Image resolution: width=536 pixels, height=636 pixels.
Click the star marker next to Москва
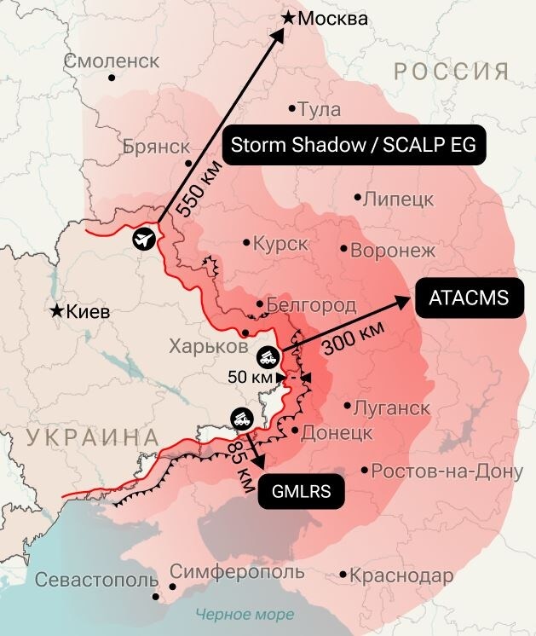(x=290, y=16)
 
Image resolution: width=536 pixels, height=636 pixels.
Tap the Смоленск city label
(x=112, y=61)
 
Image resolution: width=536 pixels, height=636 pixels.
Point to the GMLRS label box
(x=302, y=491)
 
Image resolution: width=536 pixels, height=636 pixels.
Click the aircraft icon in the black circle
(x=145, y=238)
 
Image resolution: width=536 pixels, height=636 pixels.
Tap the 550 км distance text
(x=193, y=188)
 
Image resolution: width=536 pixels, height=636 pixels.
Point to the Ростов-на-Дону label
(x=447, y=471)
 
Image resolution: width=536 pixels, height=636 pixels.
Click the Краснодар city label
(x=401, y=575)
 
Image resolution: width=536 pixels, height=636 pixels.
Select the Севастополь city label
(x=96, y=581)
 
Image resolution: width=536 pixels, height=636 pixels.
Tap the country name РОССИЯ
(x=451, y=71)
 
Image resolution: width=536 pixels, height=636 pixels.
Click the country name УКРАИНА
(x=93, y=438)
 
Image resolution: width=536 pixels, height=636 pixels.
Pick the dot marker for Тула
(x=291, y=108)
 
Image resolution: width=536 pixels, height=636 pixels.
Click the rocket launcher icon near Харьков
(x=267, y=354)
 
